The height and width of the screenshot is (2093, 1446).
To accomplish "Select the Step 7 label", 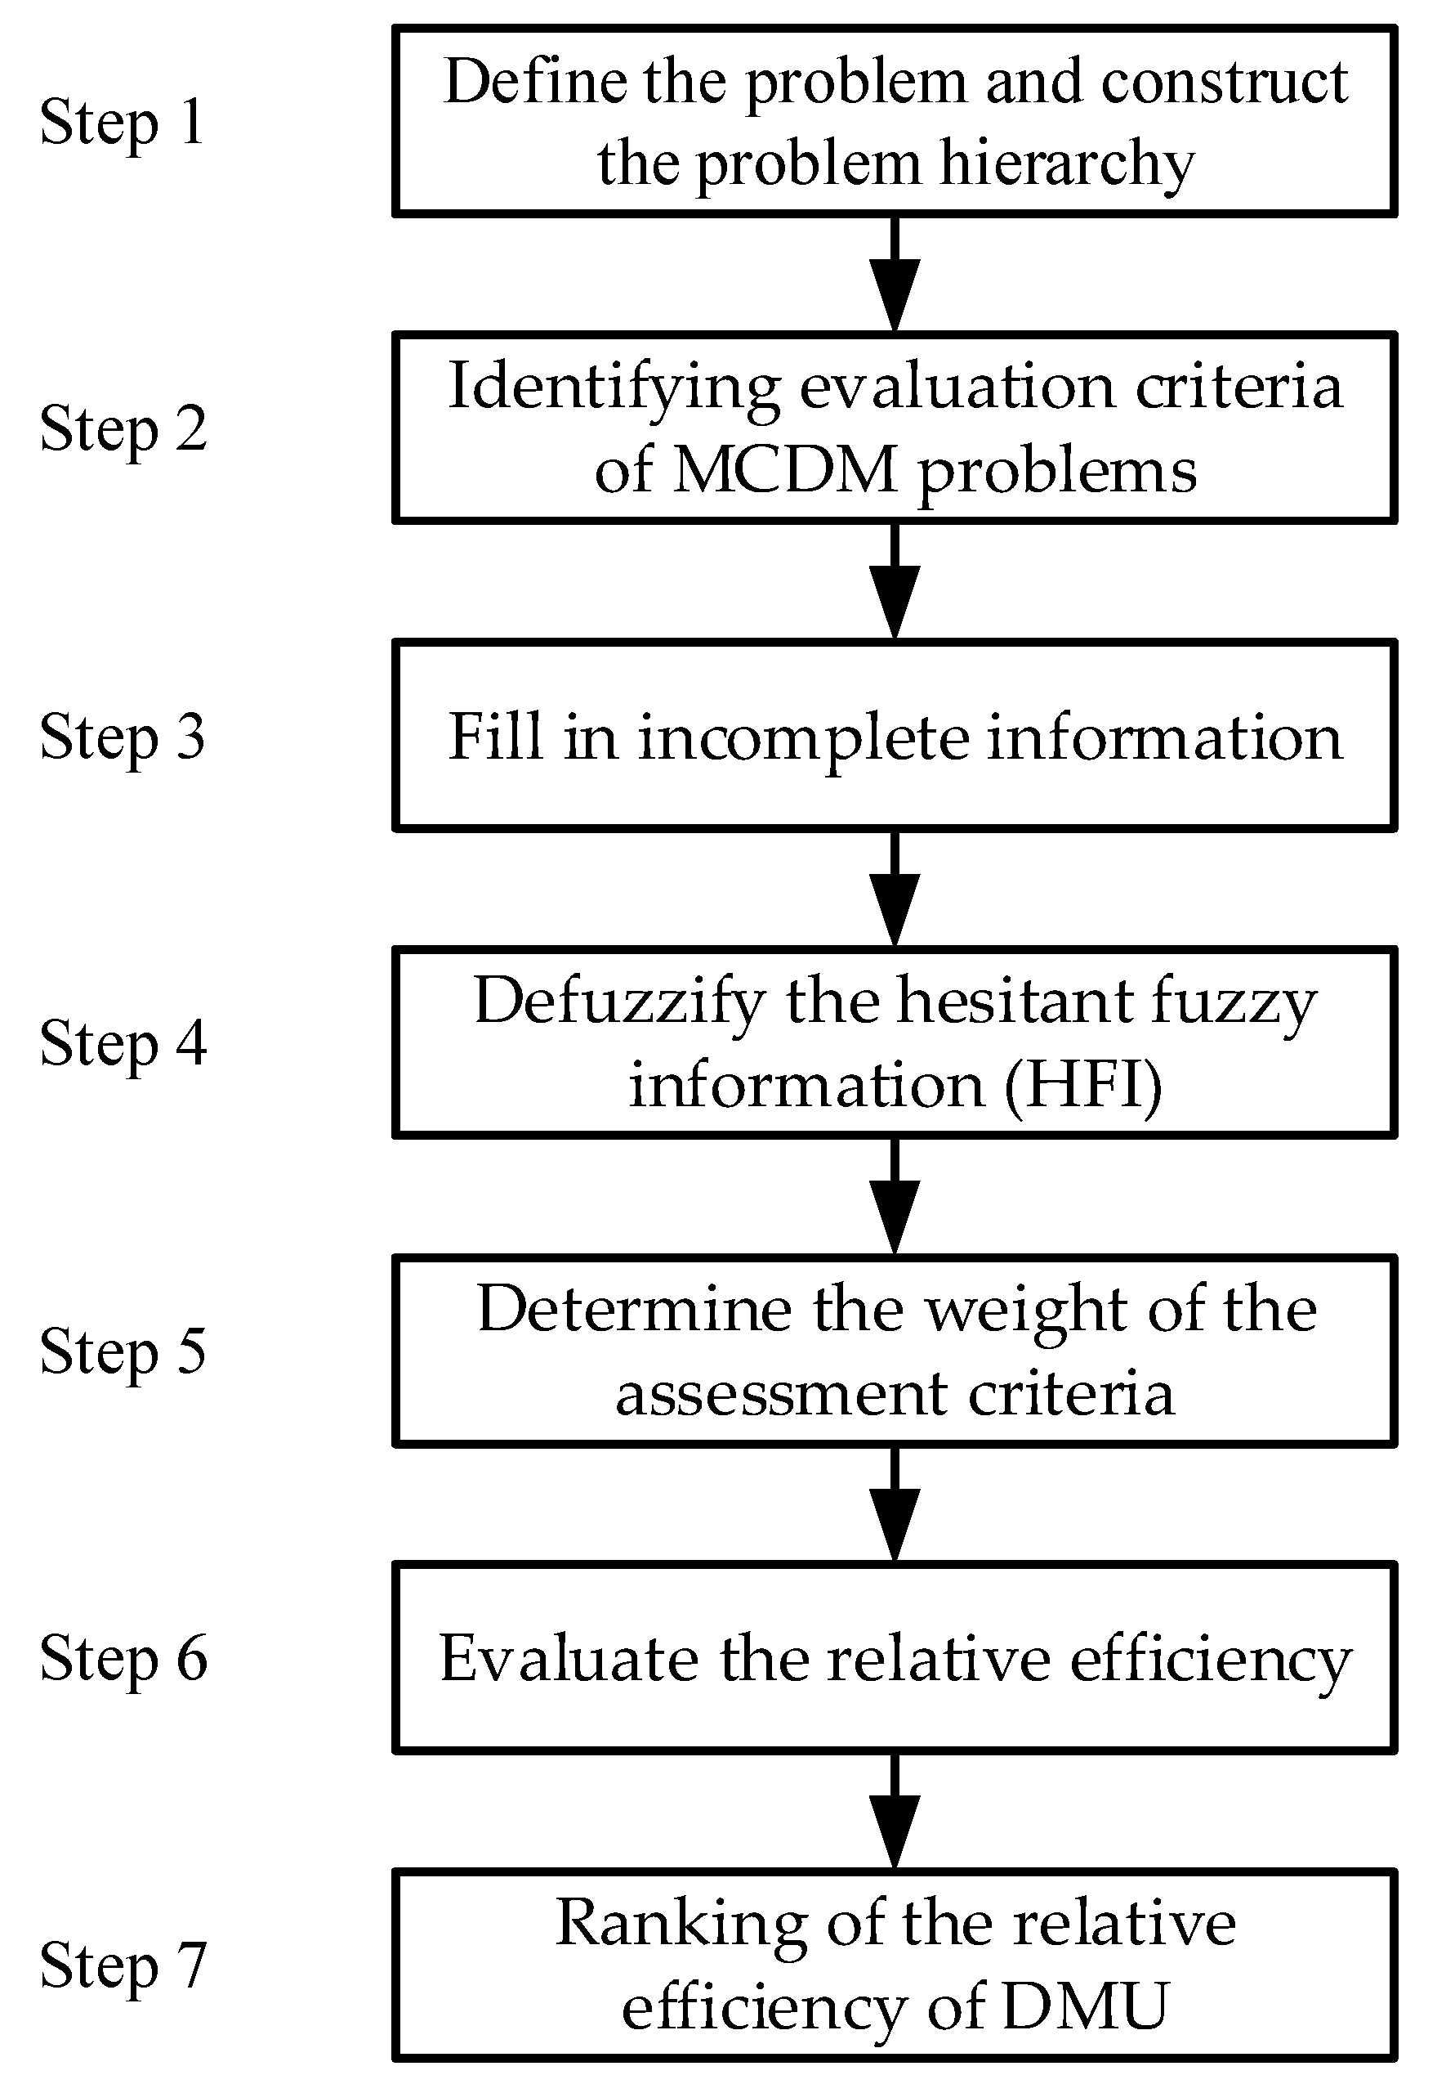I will coord(123,1965).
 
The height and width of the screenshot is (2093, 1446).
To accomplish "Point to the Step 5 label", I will coord(123,1351).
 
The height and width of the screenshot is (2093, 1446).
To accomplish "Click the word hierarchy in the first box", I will coord(1066,165).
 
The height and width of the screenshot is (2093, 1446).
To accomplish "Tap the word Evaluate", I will coord(569,1658).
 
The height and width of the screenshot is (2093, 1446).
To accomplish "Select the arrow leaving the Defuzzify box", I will coord(895,1196).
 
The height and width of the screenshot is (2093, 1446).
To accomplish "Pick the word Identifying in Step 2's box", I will coord(614,388).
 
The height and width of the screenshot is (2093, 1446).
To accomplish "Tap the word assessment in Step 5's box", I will coord(781,1393).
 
